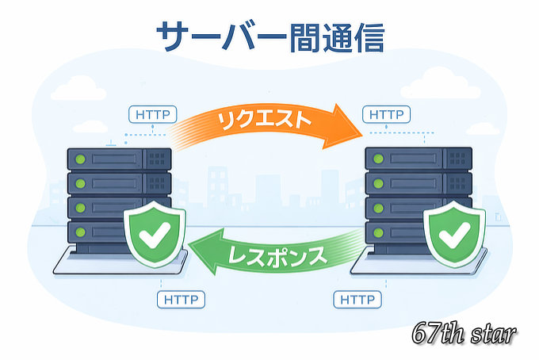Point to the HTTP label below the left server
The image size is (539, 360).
click(x=181, y=301)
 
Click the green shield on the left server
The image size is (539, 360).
click(x=155, y=236)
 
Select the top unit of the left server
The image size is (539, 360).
click(x=119, y=159)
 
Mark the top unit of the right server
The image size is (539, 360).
click(x=419, y=159)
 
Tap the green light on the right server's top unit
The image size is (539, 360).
click(x=379, y=159)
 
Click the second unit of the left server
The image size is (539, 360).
click(x=119, y=184)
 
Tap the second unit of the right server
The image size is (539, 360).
click(x=419, y=184)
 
